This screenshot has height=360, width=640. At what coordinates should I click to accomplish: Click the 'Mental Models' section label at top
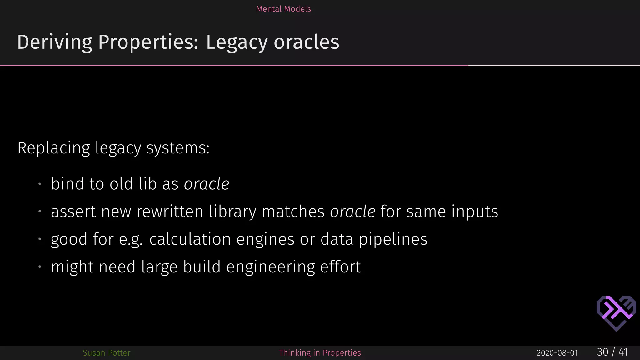click(283, 9)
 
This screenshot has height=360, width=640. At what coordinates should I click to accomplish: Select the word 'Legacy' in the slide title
click(237, 42)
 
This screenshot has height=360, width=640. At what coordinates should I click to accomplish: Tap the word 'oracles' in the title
click(307, 42)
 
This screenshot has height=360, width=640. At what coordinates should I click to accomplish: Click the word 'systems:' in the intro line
click(178, 148)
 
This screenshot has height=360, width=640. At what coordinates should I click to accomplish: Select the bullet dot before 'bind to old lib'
click(40, 184)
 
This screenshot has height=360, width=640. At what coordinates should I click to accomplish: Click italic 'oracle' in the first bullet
click(207, 184)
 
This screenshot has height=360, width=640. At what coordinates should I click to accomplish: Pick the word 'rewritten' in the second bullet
click(170, 212)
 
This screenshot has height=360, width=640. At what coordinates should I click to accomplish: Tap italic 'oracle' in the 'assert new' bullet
click(352, 212)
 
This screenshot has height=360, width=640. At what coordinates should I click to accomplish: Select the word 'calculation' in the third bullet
click(190, 239)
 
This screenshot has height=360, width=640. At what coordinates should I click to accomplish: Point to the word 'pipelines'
click(393, 239)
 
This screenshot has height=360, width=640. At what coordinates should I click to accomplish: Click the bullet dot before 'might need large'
click(40, 267)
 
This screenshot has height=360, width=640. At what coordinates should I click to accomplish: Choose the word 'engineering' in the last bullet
click(271, 267)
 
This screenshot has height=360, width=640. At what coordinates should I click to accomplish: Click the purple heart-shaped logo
click(616, 313)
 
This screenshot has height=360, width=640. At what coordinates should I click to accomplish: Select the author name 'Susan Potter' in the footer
click(107, 353)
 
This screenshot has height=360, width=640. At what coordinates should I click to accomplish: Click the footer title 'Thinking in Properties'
click(320, 353)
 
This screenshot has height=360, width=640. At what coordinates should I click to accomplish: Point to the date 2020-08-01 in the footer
click(557, 353)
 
